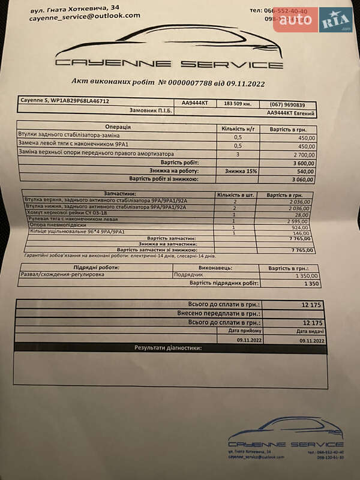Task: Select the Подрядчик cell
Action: pos(188,275)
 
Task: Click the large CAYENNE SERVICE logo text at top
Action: pos(169,64)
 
